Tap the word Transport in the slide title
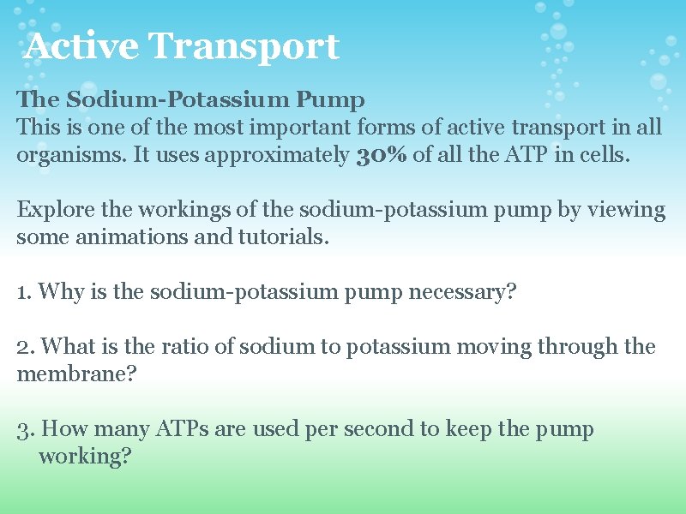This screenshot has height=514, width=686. tap(244, 48)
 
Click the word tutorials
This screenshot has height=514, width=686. tap(276, 237)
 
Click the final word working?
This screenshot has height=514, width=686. tap(85, 457)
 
